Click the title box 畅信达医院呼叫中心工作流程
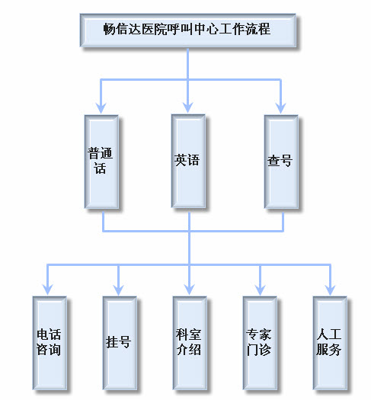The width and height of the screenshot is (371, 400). point(187,30)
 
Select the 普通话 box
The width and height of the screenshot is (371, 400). point(102,161)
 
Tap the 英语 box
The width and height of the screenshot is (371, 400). point(187,161)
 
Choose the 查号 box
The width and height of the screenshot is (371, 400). point(280,161)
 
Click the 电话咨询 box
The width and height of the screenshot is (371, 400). point(49,342)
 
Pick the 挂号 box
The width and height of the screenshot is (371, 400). point(119,342)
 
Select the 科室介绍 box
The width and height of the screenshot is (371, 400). point(189,342)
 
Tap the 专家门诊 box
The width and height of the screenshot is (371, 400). point(259,342)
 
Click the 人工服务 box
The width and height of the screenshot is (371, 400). point(330,342)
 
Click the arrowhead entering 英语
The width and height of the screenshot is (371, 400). point(187,107)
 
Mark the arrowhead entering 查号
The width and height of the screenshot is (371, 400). point(280,107)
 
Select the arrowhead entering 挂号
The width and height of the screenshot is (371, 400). point(119,289)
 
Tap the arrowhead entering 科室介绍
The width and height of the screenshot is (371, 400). point(189,289)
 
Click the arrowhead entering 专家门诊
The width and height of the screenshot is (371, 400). point(259,289)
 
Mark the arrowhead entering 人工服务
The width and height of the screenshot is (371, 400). point(330,289)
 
